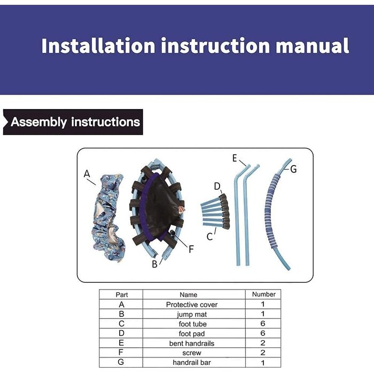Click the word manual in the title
312,45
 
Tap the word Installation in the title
98,45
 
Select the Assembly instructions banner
73,122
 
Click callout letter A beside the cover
87,174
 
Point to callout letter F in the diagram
191,250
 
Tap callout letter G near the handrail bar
293,169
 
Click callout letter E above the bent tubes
235,158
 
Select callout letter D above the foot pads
217,186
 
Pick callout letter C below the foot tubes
209,237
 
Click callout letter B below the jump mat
154,264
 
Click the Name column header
189,295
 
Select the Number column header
263,294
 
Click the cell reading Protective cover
192,305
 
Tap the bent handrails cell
192,344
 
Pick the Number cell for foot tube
263,324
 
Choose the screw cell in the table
192,353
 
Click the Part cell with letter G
121,362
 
